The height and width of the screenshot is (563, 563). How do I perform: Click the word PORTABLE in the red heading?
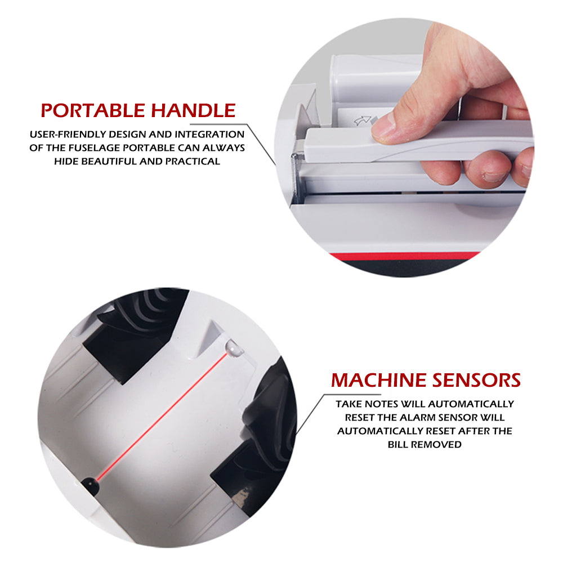[x=93, y=110]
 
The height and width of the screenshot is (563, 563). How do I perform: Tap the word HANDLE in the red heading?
[x=193, y=110]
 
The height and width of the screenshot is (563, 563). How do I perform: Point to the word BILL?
[x=400, y=444]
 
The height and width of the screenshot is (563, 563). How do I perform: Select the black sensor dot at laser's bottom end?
[x=89, y=482]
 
